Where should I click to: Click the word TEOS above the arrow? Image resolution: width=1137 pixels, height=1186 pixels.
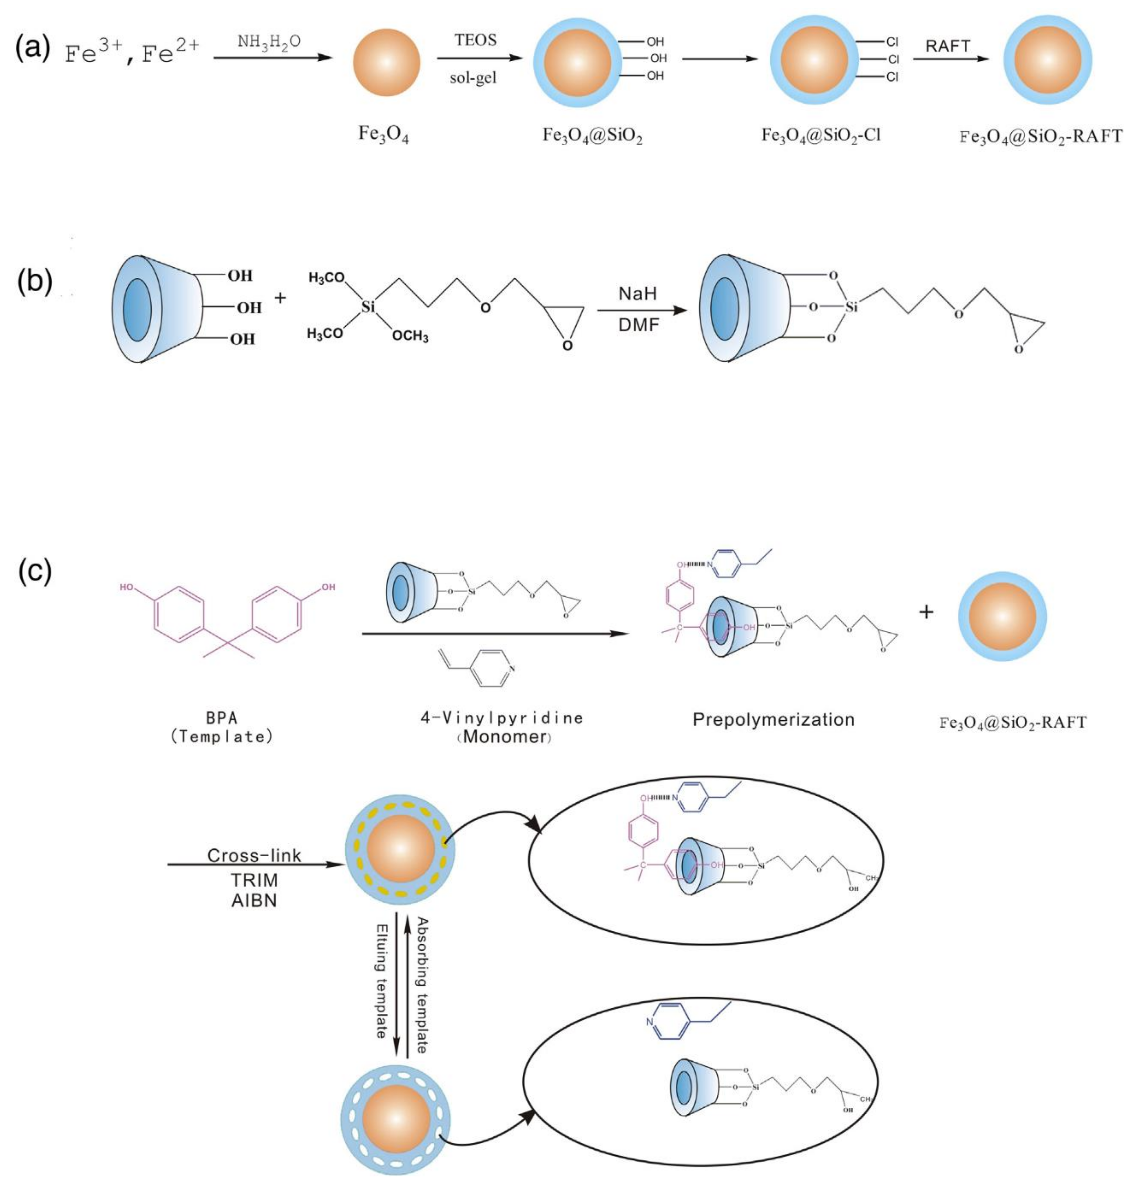click(475, 40)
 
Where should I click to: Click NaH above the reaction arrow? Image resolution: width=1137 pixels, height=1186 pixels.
click(637, 294)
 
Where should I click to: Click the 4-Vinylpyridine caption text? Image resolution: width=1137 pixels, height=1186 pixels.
click(502, 718)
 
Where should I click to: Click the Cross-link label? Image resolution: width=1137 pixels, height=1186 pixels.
click(254, 855)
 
